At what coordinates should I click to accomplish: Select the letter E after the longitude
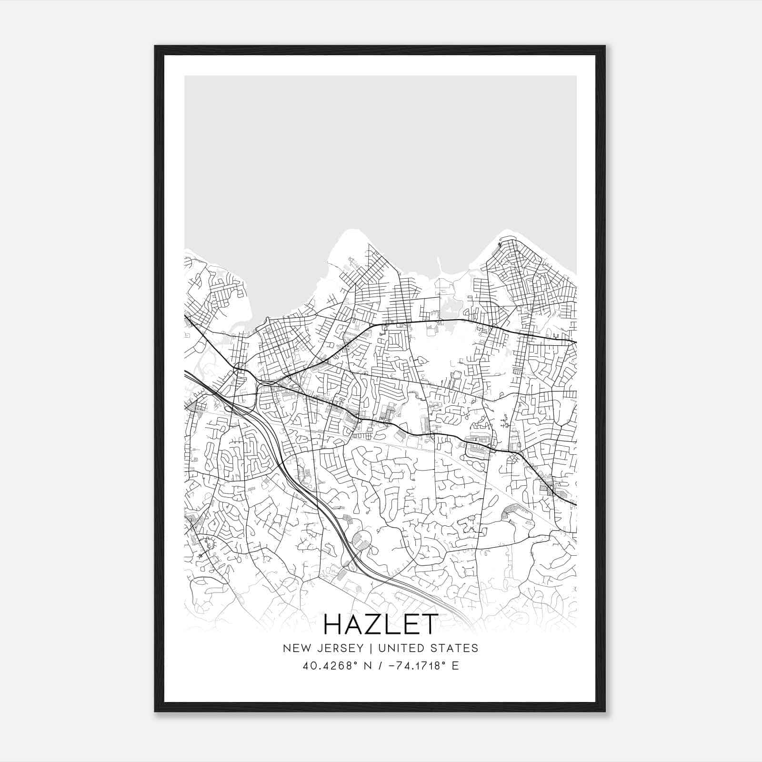pos(455,666)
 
